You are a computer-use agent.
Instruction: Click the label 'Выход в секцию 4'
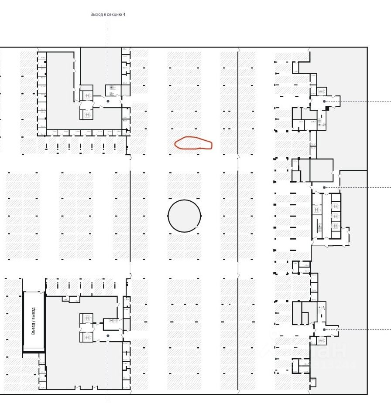(108, 14)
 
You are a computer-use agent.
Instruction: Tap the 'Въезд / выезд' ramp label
(34, 321)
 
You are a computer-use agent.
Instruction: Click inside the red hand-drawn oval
(193, 143)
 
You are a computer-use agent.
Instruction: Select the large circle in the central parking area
(185, 215)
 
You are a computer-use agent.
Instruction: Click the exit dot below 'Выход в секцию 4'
(108, 101)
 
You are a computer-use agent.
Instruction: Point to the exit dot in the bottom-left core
(108, 335)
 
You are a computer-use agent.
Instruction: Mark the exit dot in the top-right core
(324, 101)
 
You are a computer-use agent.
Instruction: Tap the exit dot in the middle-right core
(324, 187)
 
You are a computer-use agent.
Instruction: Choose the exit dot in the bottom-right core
(324, 330)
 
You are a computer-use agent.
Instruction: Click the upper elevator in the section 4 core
(86, 95)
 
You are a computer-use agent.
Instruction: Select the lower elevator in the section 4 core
(86, 114)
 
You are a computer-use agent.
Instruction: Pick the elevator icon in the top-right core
(322, 91)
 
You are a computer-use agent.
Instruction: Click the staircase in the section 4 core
(112, 90)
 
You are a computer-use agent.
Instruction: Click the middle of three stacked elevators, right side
(335, 216)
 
